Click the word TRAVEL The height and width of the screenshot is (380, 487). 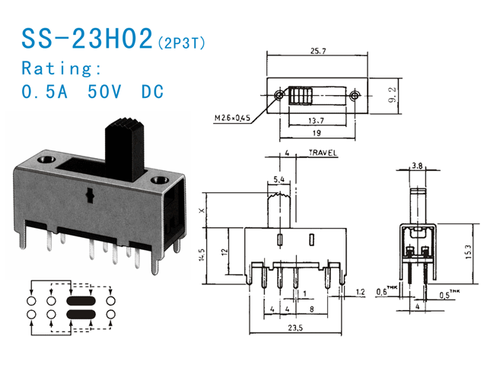322,154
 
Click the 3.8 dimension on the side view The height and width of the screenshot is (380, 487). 417,165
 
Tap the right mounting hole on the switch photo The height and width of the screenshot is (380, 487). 160,181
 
